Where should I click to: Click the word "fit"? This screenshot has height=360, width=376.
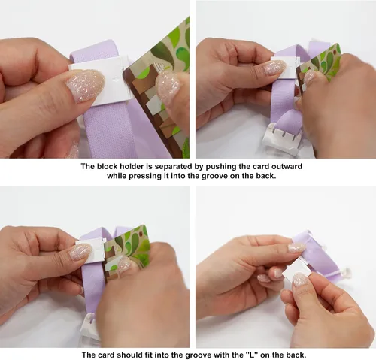(x=149, y=355)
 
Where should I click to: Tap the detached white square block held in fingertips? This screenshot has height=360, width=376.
(x=296, y=272)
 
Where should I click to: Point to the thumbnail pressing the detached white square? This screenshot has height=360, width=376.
(x=300, y=279)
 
